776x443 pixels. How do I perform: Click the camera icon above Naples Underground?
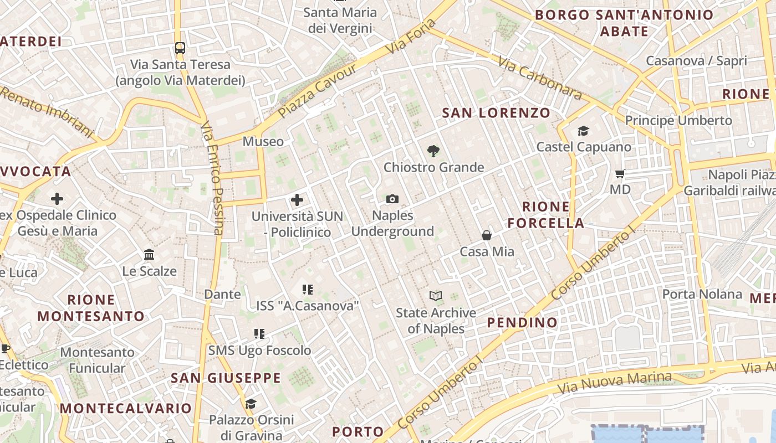(392, 199)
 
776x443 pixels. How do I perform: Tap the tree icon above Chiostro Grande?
(433, 151)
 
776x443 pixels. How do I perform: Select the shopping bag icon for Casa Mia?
(487, 235)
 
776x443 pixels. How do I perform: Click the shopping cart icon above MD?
(620, 173)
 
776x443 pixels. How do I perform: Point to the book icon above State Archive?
(436, 297)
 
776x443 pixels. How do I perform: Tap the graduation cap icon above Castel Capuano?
(583, 131)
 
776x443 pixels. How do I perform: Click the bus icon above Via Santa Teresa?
(180, 48)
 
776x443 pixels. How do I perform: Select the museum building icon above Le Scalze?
(149, 255)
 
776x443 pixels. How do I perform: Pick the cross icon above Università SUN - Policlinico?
(297, 199)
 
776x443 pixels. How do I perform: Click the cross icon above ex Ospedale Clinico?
(57, 198)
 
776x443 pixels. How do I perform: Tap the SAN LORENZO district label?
(496, 113)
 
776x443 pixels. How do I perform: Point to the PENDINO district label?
(522, 322)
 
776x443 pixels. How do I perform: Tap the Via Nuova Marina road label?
(615, 382)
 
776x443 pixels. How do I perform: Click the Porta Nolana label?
(702, 294)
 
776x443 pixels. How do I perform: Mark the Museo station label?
(263, 142)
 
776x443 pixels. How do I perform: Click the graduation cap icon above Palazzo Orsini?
(251, 404)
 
